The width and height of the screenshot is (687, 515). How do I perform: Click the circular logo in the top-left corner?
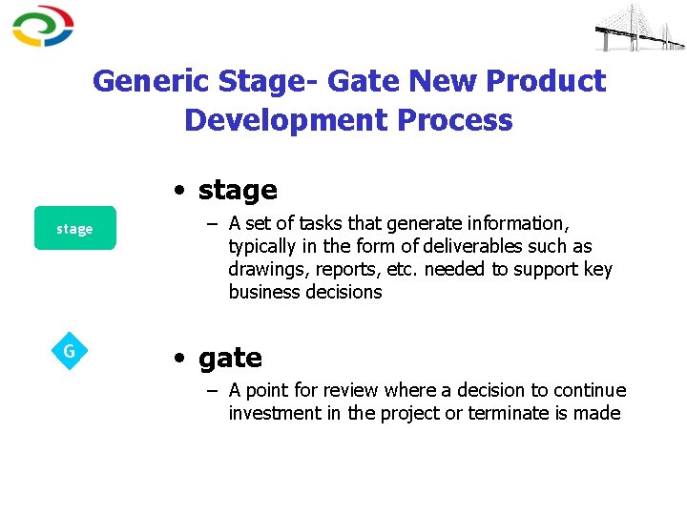pyautogui.click(x=43, y=26)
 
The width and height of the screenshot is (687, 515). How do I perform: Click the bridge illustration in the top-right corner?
pyautogui.click(x=639, y=28)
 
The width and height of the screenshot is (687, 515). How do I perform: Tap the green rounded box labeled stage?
pyautogui.click(x=74, y=229)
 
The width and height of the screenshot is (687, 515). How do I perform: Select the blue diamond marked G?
pyautogui.click(x=69, y=351)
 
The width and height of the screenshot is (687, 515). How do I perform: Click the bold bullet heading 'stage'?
pyautogui.click(x=237, y=190)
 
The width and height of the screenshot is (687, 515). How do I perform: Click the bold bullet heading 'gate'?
pyautogui.click(x=230, y=358)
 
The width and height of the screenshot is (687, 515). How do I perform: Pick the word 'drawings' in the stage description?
pyautogui.click(x=264, y=269)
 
